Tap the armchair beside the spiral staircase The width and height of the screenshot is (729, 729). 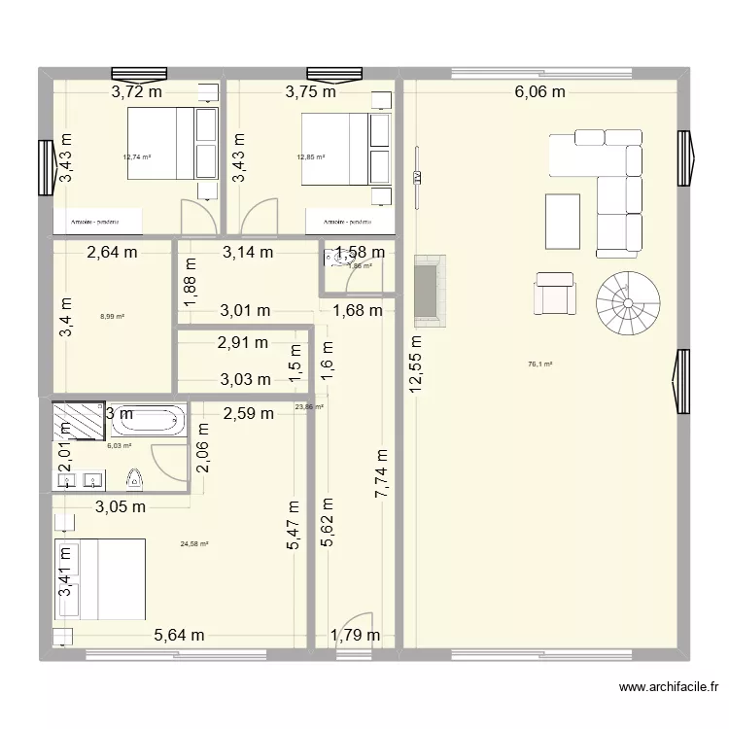coord(555,293)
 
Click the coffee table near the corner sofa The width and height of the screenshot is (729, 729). coord(563,222)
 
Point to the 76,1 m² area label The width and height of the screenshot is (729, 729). coord(539,364)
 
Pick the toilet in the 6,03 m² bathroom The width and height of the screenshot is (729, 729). coord(135,477)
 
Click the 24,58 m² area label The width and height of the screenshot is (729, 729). coord(194,545)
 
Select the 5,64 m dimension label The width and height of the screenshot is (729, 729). coord(179,636)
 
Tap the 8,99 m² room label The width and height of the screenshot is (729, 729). coord(112,316)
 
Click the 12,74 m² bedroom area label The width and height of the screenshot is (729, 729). coord(136,156)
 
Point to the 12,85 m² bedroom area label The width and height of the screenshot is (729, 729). coord(310,156)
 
